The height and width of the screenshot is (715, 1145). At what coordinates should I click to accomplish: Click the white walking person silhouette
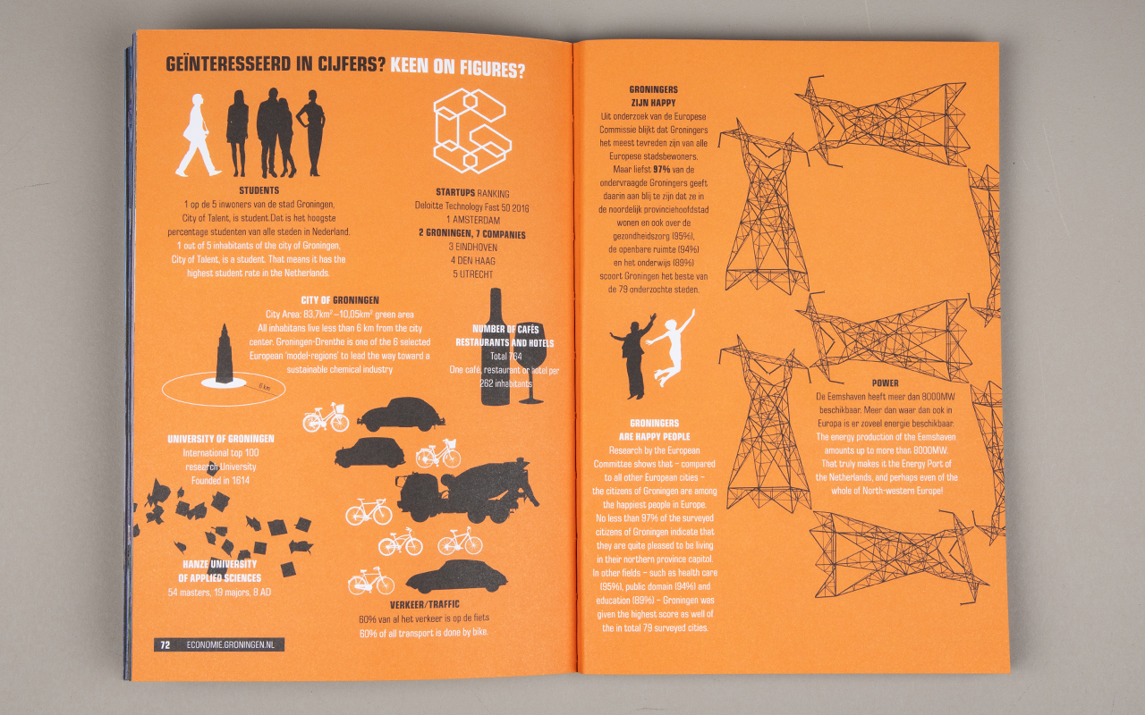[198, 135]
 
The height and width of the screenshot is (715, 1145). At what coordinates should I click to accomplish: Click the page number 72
[165, 644]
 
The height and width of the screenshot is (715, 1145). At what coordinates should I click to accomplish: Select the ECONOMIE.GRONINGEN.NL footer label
[230, 644]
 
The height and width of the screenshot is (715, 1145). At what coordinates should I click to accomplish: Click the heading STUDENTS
[259, 190]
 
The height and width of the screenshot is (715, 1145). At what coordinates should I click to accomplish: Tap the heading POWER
[885, 383]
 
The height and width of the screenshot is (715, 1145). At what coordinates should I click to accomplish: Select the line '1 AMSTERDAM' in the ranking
[473, 220]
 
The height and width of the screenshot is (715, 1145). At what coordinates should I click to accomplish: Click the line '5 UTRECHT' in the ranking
[473, 274]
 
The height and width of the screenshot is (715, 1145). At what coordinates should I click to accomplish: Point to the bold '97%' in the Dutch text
[661, 169]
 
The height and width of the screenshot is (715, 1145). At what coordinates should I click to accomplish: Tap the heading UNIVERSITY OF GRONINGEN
[220, 439]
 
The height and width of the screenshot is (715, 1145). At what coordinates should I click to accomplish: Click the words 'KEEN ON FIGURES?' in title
[457, 67]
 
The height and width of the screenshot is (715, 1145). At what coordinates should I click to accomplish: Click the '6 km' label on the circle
[264, 386]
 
